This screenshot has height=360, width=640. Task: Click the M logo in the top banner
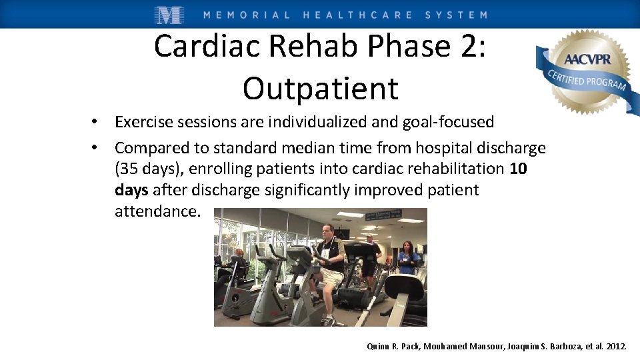pos(169,14)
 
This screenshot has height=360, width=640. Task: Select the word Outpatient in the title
pos(320,88)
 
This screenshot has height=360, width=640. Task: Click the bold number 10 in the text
pos(518,169)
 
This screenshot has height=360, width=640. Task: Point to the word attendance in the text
pos(156,211)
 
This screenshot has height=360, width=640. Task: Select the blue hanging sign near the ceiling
pos(384,215)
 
